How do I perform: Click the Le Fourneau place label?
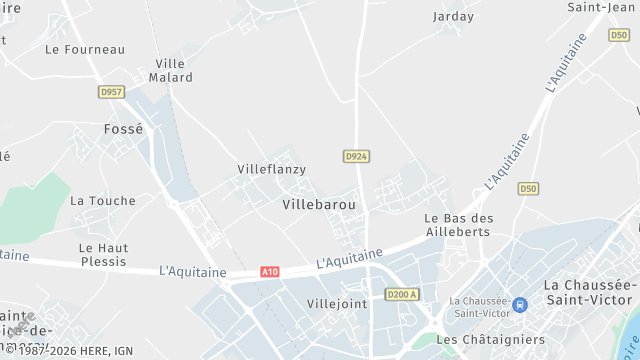85,49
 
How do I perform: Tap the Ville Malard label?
171,70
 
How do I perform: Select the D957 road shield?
111,92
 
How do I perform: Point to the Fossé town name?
124,129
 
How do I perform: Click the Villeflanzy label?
271,169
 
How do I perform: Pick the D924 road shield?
356,156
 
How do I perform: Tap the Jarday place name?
453,16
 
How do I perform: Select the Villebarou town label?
319,204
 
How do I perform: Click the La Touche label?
102,200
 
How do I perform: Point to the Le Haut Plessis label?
103,254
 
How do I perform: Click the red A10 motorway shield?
269,272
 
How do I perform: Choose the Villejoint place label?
337,303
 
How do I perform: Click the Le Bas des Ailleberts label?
459,224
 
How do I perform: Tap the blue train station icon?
519,304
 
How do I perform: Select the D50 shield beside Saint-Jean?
618,35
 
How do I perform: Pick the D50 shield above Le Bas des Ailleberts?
528,188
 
